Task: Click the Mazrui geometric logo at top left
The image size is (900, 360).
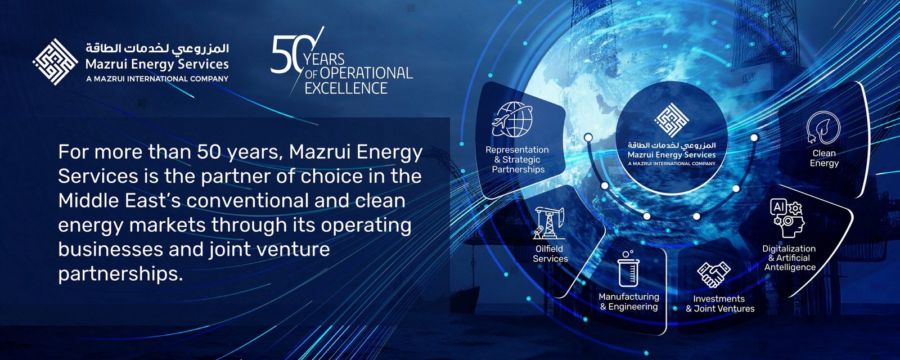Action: (x=55, y=62)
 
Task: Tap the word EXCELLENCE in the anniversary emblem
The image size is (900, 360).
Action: (x=346, y=88)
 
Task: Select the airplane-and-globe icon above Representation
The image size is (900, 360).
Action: (x=512, y=119)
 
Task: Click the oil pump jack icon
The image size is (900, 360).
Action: (x=549, y=223)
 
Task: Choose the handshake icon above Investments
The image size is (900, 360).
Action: (x=714, y=274)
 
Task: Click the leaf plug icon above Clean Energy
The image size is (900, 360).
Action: (x=823, y=128)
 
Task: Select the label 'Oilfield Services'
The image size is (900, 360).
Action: (x=550, y=254)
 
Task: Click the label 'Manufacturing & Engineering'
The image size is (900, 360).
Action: (x=629, y=301)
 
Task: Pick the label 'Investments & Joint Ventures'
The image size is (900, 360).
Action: (x=719, y=304)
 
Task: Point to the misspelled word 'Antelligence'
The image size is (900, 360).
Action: (x=790, y=267)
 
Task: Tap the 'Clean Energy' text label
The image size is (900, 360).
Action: (x=824, y=158)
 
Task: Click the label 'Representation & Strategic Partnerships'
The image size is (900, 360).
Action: (x=517, y=160)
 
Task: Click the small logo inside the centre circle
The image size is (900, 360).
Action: (x=672, y=120)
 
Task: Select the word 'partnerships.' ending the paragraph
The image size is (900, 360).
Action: (x=120, y=274)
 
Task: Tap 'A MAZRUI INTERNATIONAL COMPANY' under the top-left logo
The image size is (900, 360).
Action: (x=157, y=79)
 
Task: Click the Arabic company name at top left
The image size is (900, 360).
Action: (x=157, y=49)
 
